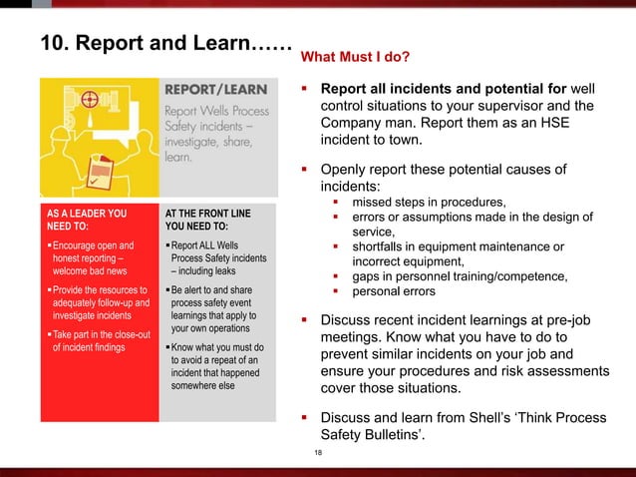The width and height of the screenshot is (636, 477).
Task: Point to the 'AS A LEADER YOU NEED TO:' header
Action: click(x=88, y=219)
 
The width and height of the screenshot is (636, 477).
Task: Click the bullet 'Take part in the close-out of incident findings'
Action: click(x=91, y=340)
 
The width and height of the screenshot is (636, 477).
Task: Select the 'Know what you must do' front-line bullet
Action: click(x=211, y=365)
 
